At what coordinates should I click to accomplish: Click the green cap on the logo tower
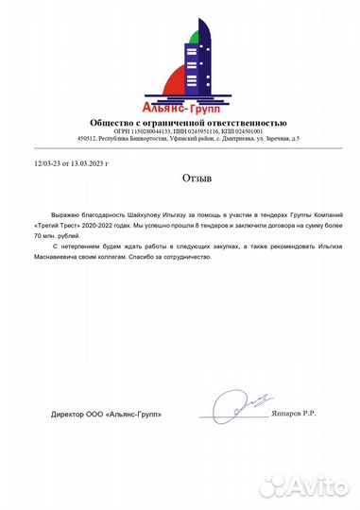[195, 37]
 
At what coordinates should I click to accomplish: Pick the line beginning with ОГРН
[189, 131]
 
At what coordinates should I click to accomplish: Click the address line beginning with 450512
[189, 139]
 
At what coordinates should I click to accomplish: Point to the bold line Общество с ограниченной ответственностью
[188, 123]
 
